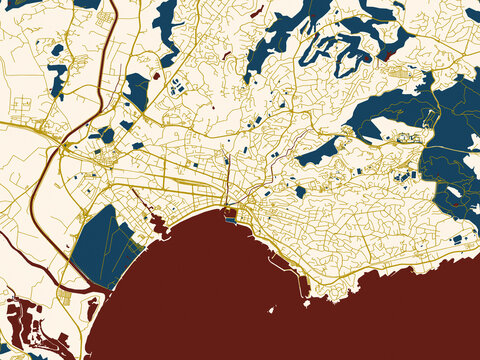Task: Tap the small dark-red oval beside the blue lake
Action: (x=156, y=74)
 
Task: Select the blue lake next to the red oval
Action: (x=136, y=92)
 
